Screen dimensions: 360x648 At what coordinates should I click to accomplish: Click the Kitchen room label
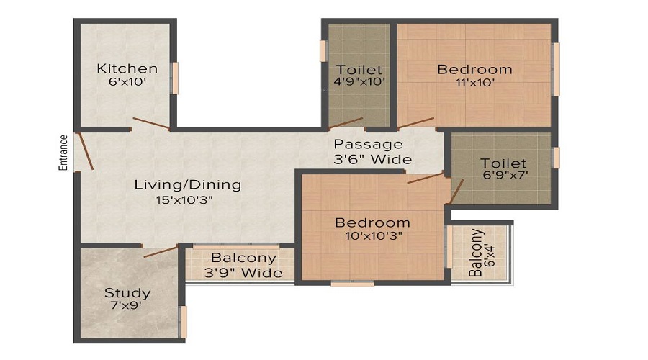click(x=127, y=69)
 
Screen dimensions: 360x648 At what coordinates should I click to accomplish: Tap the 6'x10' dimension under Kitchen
click(x=127, y=82)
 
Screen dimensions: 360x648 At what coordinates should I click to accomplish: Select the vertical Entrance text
click(x=63, y=153)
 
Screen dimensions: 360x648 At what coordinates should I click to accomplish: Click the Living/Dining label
click(x=188, y=185)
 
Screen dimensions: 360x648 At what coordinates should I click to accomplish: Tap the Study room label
click(x=127, y=293)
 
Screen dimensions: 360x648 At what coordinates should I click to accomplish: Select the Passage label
click(x=368, y=145)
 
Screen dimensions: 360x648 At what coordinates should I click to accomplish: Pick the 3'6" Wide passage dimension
click(x=372, y=159)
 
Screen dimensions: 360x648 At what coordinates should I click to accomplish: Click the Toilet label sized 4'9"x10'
click(x=359, y=70)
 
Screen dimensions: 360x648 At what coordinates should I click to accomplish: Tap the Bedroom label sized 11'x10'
click(x=474, y=70)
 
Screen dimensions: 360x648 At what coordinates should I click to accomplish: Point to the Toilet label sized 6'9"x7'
click(x=503, y=163)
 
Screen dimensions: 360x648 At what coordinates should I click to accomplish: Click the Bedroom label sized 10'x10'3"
click(x=372, y=222)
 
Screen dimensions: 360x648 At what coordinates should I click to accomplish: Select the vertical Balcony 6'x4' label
click(x=480, y=253)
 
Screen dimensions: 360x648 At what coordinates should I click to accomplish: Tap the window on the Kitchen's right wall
click(x=174, y=78)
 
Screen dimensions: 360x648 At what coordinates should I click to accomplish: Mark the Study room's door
click(x=160, y=251)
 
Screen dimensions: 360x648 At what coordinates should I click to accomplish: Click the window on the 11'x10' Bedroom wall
click(x=555, y=69)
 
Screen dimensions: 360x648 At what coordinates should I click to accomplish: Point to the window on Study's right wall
click(x=183, y=322)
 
